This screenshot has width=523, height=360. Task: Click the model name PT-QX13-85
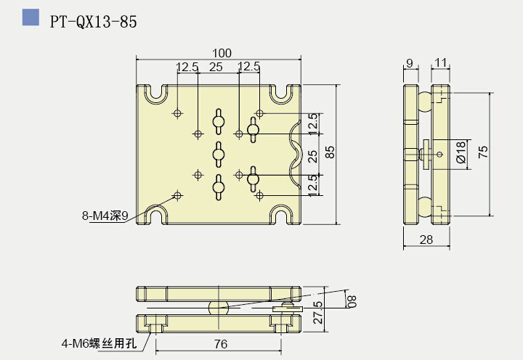(x=93, y=21)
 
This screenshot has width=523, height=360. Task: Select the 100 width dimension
(x=222, y=53)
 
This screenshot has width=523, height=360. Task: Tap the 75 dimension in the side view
(x=483, y=152)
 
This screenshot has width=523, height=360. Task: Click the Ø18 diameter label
(x=461, y=152)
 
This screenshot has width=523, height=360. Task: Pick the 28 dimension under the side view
(x=426, y=240)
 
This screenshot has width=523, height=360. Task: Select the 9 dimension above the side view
(x=410, y=64)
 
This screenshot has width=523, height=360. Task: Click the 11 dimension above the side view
(x=441, y=64)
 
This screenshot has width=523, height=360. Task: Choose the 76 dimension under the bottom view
(x=221, y=343)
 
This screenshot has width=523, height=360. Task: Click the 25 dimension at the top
(x=216, y=67)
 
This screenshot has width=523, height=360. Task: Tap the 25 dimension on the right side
(x=312, y=155)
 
